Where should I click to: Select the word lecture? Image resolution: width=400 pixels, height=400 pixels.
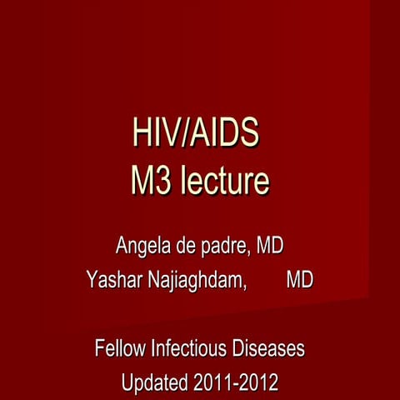(223, 181)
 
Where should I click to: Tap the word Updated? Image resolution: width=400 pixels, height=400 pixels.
(154, 384)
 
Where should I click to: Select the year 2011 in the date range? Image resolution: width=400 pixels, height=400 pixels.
(212, 384)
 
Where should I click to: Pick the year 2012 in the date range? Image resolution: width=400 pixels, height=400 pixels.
(259, 384)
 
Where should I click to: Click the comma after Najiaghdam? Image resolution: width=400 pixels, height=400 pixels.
(247, 286)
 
